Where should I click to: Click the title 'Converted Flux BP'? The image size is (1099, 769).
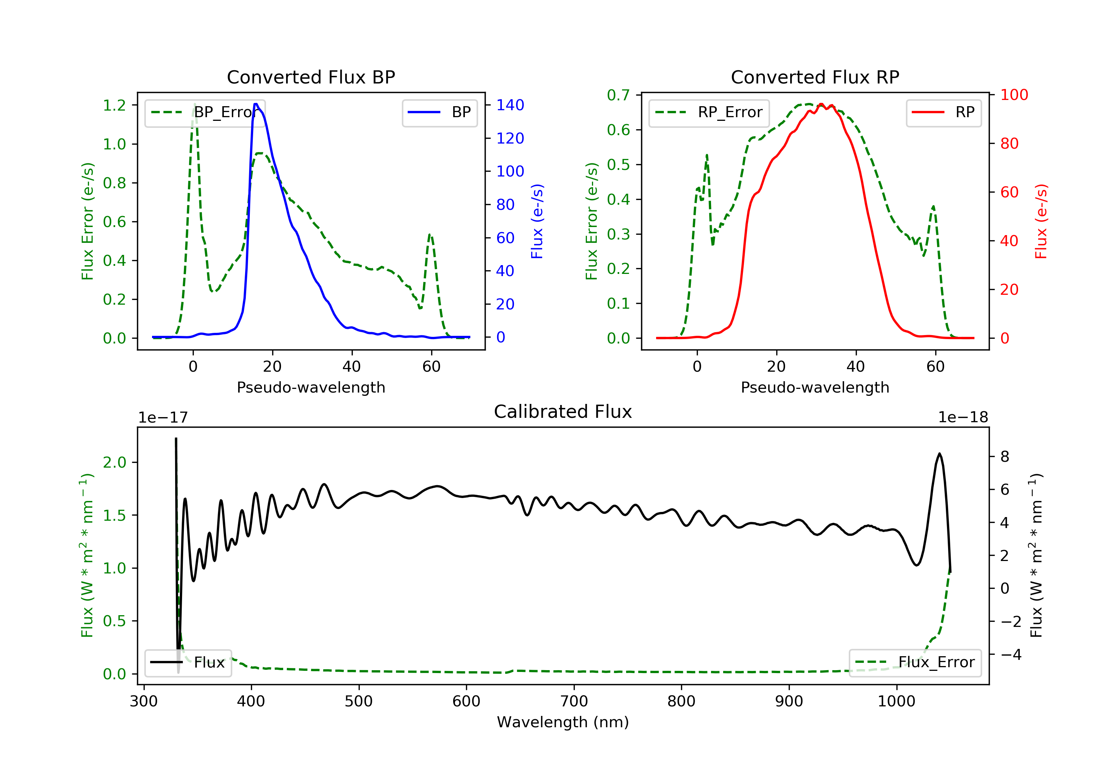tap(311, 77)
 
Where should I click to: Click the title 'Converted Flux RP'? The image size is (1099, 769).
tap(815, 77)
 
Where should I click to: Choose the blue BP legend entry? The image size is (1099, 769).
tap(439, 112)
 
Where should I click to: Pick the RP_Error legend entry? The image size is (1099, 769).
tap(709, 112)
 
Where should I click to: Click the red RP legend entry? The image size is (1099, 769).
tap(943, 112)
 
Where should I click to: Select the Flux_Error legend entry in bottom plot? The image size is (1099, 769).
tap(915, 662)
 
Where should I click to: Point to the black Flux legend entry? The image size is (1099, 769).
tap(188, 662)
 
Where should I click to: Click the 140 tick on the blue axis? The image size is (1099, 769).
tap(510, 105)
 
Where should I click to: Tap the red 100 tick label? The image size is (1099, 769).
tap(1014, 95)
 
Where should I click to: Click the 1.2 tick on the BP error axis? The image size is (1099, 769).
tap(114, 105)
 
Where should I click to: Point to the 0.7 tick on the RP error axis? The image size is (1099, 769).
tap(618, 95)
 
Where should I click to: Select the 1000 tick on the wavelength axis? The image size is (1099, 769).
tap(896, 702)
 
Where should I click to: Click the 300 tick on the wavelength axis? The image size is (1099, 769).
tap(144, 702)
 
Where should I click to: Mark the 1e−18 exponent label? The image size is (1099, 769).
tap(963, 417)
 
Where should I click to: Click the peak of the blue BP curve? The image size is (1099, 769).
tap(256, 104)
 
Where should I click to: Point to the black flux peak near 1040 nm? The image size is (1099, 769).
tap(940, 454)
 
